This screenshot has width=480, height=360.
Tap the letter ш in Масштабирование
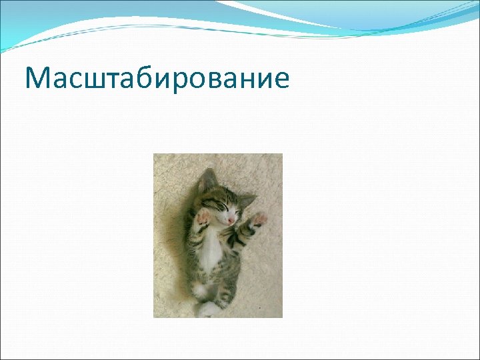(x=95, y=81)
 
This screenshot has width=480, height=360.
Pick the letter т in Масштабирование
(x=114, y=81)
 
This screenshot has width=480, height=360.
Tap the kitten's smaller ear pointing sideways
(x=247, y=198)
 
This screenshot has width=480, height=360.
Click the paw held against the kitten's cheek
(x=202, y=217)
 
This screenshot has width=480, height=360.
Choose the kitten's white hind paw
(x=207, y=309)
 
